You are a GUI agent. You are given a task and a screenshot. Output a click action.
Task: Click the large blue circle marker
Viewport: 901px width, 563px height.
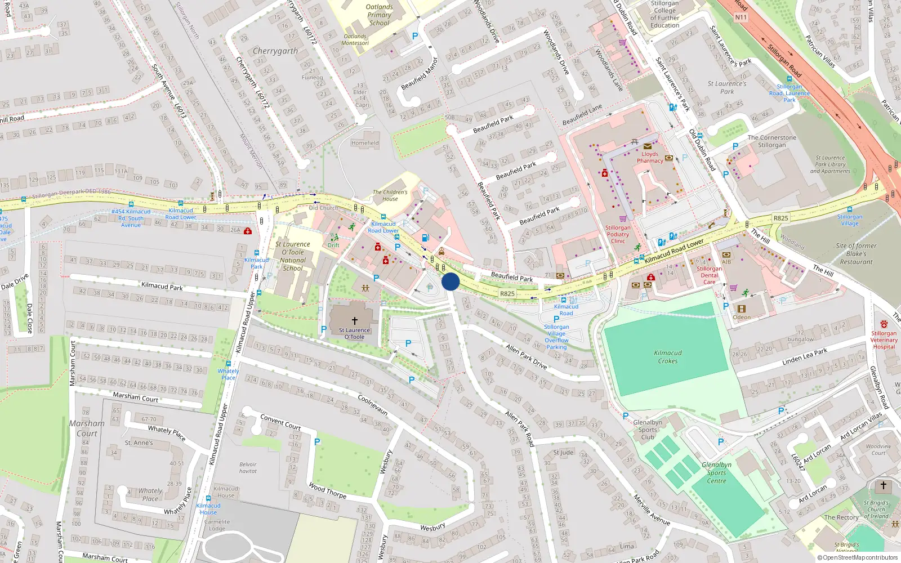[450, 281]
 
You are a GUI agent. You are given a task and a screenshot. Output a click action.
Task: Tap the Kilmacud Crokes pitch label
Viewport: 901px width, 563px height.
[668, 357]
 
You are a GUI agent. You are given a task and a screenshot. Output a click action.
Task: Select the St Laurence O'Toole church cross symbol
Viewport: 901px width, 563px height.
[354, 320]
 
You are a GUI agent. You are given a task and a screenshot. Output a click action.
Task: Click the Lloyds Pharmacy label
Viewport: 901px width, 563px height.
[650, 157]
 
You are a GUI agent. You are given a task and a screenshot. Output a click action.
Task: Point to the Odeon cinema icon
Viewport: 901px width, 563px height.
[742, 309]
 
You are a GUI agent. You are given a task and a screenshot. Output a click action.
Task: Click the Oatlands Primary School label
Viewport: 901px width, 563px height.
[379, 15]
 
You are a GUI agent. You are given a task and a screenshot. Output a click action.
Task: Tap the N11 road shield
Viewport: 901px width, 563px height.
[741, 17]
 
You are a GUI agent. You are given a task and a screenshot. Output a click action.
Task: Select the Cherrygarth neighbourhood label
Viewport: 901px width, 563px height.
[275, 51]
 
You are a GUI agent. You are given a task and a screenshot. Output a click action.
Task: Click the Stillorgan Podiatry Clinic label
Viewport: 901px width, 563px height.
[618, 234]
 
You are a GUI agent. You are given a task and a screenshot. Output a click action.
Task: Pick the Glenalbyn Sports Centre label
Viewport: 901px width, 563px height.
[716, 473]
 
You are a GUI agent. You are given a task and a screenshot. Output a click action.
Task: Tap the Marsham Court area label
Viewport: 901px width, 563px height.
[87, 428]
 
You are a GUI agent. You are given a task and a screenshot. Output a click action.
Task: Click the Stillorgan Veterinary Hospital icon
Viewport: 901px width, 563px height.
[884, 324]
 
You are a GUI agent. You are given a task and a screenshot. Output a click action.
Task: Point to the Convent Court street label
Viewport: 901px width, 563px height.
[280, 422]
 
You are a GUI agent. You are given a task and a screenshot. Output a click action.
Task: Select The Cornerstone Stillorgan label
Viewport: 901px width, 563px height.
[771, 141]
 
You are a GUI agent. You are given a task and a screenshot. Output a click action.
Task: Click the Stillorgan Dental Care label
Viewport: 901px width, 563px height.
[710, 275]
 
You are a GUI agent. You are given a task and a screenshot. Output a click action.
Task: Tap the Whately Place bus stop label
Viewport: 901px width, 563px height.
[228, 374]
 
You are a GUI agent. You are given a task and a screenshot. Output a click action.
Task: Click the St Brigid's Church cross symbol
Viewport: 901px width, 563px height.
[883, 485]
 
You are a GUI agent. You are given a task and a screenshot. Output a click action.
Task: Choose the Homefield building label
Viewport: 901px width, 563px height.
[365, 143]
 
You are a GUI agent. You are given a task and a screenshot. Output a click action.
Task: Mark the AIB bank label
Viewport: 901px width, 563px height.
[726, 262]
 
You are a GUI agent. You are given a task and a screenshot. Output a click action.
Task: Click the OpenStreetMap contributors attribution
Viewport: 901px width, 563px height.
[857, 557]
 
